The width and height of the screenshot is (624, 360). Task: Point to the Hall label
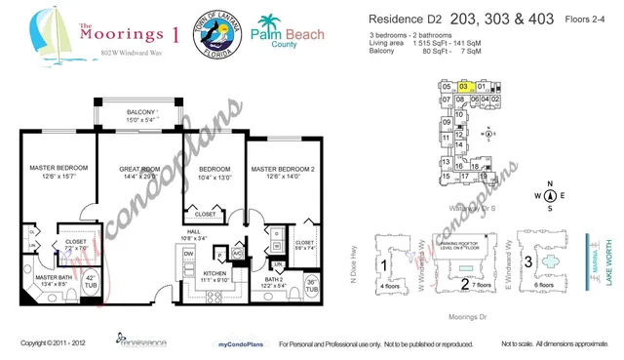194,231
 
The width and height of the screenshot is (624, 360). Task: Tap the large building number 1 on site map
385,264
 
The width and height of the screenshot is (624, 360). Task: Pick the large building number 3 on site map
530,261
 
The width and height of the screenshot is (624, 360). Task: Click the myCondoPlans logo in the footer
230,344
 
